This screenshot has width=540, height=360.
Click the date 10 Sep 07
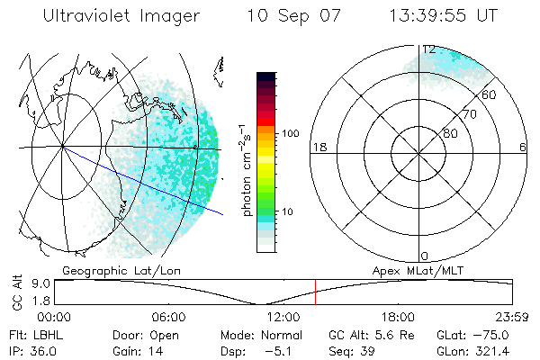pos(287,16)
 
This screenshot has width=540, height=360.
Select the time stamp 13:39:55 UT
pos(441,16)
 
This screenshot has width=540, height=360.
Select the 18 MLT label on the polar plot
pos(318,148)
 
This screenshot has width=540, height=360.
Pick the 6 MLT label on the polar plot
pos(523,148)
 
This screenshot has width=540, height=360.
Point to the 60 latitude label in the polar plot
pos(490,94)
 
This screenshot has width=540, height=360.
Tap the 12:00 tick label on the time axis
pos(284,317)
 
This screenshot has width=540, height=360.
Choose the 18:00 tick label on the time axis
pos(398,317)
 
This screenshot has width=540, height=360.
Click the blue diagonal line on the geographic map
pos(144,181)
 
